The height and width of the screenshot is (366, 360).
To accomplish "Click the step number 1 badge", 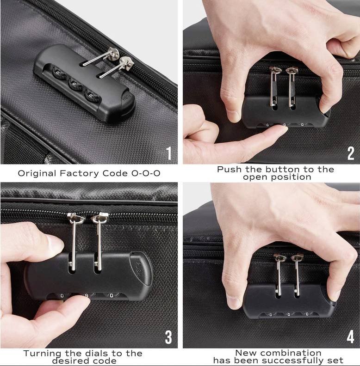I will (x=169, y=153).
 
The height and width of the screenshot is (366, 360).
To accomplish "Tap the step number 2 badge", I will (x=350, y=153).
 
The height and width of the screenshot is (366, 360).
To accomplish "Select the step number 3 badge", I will (x=169, y=338).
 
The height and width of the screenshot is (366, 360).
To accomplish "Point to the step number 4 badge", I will (x=350, y=338).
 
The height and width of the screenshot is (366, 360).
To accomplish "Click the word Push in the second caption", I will (x=229, y=169).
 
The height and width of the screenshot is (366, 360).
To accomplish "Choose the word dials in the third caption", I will (x=99, y=353).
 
